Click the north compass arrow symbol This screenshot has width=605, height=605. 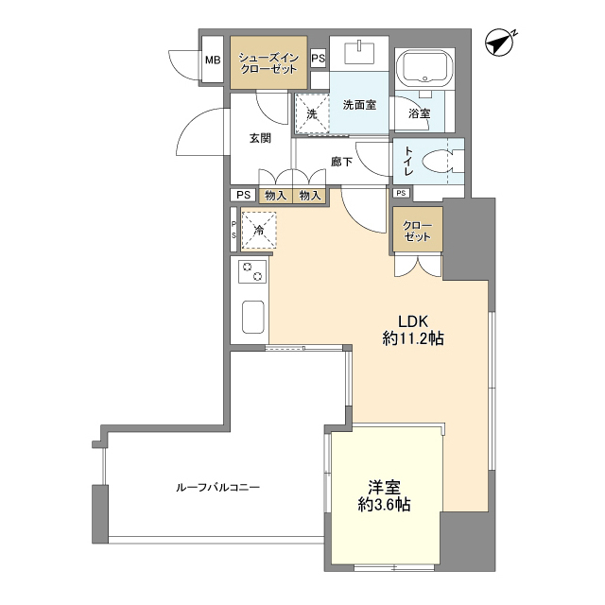click(498, 43)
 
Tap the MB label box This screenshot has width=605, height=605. click(212, 60)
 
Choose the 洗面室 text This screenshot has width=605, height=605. click(359, 105)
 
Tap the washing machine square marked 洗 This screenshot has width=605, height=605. click(310, 112)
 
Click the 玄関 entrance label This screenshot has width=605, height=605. click(260, 138)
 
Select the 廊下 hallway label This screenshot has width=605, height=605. click(341, 162)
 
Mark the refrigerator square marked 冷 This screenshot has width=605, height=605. click(257, 230)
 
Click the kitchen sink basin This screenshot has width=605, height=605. click(252, 317)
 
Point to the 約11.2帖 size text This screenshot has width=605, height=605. click(413, 337)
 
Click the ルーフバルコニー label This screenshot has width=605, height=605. click(217, 487)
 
